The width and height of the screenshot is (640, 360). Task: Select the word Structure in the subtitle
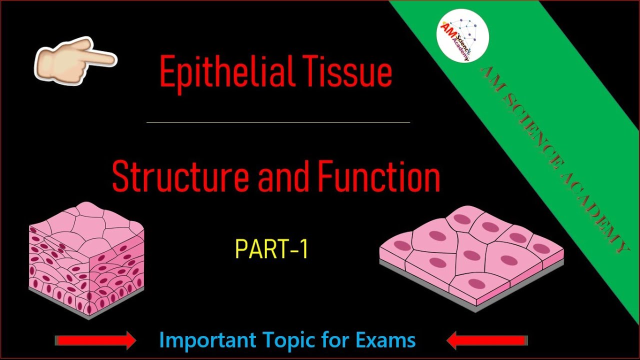179,177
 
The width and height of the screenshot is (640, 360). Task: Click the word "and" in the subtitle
282,177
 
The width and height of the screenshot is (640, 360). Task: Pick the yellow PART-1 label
271,249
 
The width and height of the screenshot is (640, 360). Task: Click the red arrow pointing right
95,340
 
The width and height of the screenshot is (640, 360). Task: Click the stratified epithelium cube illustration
86,260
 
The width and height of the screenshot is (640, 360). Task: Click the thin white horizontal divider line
278,122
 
